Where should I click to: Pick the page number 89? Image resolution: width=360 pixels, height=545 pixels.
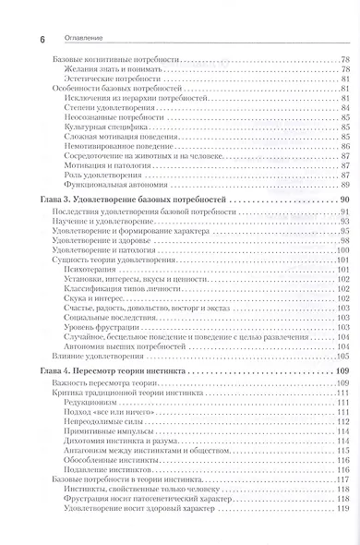tap(343, 184)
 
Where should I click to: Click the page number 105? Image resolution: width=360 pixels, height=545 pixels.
tap(342, 356)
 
